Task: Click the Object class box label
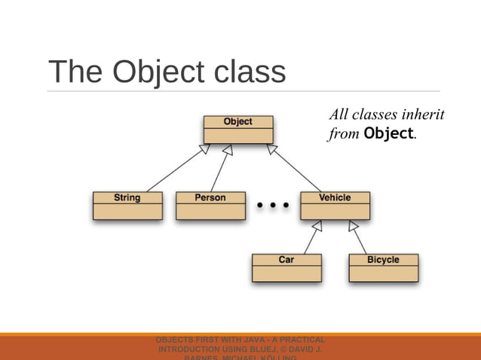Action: tap(237, 121)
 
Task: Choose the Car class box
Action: tap(286, 267)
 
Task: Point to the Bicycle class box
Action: tap(383, 267)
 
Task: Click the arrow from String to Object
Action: tap(175, 169)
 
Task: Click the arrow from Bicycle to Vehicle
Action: tap(359, 237)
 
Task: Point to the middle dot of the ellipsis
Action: tap(274, 204)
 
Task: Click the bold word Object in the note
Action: tap(388, 135)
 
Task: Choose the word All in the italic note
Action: tap(341, 115)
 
